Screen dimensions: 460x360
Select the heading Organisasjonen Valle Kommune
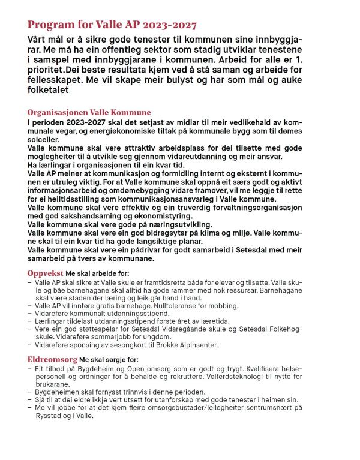pyautogui.click(x=89, y=112)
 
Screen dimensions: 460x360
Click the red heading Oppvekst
pyautogui.click(x=46, y=273)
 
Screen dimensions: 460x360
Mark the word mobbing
pyautogui.click(x=218, y=305)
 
